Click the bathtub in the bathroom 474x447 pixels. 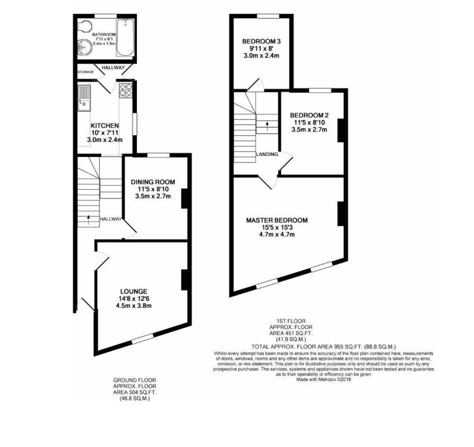tap(125, 37)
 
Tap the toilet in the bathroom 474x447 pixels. tap(85, 27)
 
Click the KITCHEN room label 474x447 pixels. tap(105, 126)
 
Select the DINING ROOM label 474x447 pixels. tap(153, 182)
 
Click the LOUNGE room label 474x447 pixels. tap(134, 291)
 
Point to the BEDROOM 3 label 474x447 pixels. tap(260, 41)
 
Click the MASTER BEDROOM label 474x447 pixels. tap(277, 220)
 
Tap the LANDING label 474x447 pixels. tap(267, 154)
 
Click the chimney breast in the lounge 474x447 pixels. tap(183, 280)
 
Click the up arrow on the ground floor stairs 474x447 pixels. tap(88, 218)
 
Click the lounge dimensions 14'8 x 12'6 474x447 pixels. tap(134, 298)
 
